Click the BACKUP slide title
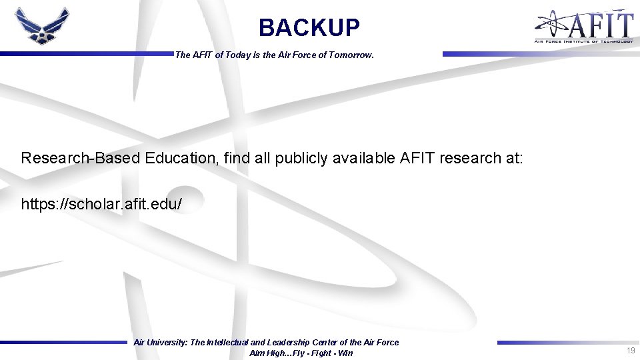309,28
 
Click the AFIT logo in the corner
583,27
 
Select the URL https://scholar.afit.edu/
101,204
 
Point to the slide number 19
630,351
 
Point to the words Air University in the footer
160,343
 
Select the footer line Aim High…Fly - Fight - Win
301,353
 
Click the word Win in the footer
345,353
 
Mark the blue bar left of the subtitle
86,54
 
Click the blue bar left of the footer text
63,343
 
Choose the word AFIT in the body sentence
417,158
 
